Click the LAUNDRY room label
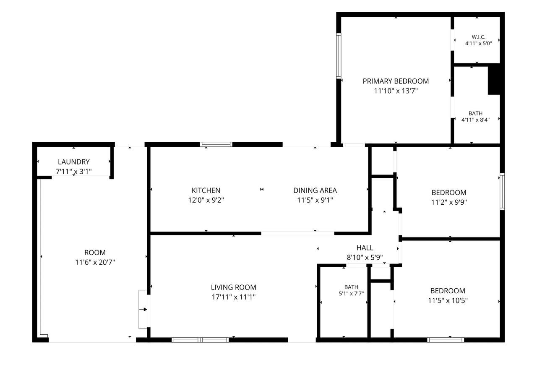(x=74, y=162)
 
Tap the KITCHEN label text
(x=206, y=190)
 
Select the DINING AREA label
(x=315, y=190)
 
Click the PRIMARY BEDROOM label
(x=396, y=81)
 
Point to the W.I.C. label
(x=479, y=37)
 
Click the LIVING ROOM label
(x=234, y=287)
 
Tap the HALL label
(x=365, y=248)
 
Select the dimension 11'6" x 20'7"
(x=95, y=262)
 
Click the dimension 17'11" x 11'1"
(x=234, y=297)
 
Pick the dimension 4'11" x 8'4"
(x=475, y=120)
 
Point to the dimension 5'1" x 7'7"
(x=351, y=293)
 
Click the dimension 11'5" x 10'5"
(x=448, y=300)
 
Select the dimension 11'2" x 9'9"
(x=449, y=202)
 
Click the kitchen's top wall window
(x=216, y=144)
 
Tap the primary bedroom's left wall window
(x=339, y=56)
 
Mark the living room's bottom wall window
(x=200, y=340)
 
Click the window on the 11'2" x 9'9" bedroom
(x=502, y=192)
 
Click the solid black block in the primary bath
(x=494, y=80)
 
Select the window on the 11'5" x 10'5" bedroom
(x=446, y=340)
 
